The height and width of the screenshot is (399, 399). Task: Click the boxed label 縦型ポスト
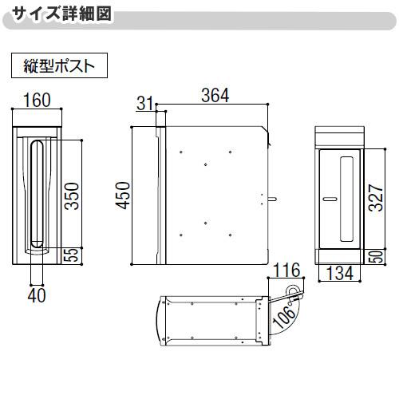point(59,65)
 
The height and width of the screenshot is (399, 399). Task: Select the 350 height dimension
point(71,193)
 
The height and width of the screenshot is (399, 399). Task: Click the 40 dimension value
point(37,294)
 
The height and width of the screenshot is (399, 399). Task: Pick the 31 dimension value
point(144,103)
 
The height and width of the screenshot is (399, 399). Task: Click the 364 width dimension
point(215,95)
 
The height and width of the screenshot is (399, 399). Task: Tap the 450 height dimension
point(122,194)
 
